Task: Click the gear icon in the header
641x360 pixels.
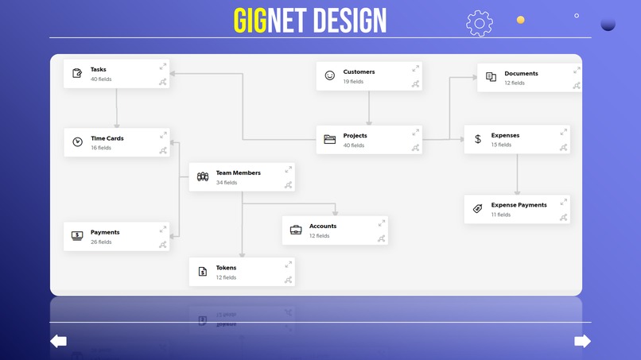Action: pos(480,23)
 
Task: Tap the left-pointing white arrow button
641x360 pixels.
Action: pos(58,341)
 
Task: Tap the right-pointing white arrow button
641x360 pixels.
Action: pos(582,341)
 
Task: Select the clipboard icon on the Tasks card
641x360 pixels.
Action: pos(77,73)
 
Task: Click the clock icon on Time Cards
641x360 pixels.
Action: pos(77,142)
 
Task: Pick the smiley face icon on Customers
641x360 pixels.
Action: pos(330,75)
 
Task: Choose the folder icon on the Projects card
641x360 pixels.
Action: pos(330,140)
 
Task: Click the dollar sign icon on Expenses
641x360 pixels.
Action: pos(478,139)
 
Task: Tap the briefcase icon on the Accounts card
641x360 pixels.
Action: pos(296,230)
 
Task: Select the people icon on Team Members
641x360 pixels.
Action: pos(203,176)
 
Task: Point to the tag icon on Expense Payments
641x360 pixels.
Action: pos(478,208)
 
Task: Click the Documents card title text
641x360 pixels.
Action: pos(521,73)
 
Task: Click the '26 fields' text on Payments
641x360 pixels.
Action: pos(101,242)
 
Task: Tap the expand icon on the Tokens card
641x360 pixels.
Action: pos(289,263)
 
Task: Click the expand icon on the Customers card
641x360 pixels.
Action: pos(415,68)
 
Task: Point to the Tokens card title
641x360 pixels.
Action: pos(226,268)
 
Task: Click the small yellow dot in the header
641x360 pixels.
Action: pos(520,20)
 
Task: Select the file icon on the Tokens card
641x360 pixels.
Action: pos(203,272)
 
